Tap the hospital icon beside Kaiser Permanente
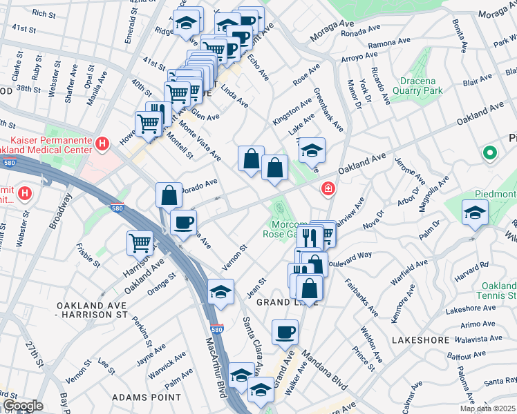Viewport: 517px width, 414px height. [102, 144]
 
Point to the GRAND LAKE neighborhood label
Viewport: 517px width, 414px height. [287, 302]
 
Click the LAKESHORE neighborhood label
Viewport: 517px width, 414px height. [416, 341]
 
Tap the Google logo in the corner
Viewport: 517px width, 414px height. [22, 406]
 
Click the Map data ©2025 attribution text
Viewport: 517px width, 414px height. [487, 408]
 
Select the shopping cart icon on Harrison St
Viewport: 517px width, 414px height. [140, 244]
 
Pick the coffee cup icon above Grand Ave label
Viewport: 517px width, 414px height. [285, 333]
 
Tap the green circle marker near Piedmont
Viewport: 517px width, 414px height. [490, 153]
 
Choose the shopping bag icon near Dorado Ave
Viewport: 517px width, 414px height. [169, 195]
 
